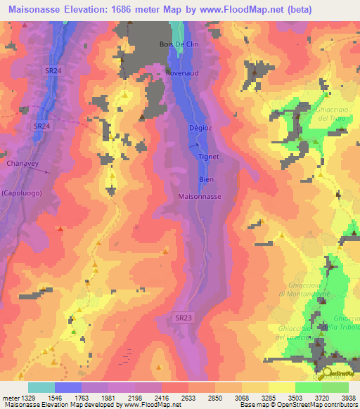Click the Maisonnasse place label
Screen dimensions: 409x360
[x=200, y=197]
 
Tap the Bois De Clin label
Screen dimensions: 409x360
[x=175, y=44]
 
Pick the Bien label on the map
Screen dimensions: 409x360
[x=206, y=179]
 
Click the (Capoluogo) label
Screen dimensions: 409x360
[x=20, y=193]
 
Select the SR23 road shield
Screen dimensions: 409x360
[x=183, y=318]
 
